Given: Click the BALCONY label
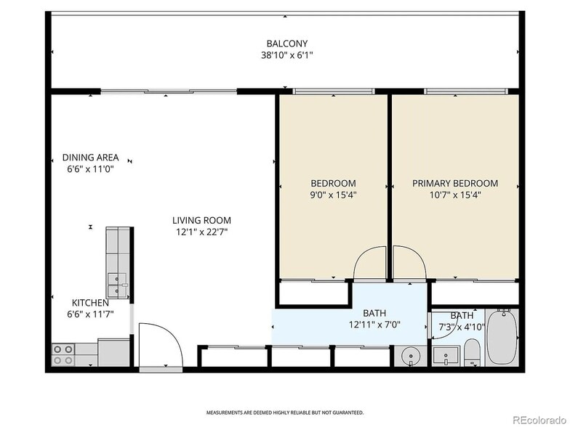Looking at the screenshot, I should point(286,43).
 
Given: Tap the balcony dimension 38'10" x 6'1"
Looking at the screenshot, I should point(286,54).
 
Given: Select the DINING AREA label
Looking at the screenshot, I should point(90,158).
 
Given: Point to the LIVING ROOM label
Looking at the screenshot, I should point(201,221).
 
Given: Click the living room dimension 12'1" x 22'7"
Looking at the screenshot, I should point(201,232).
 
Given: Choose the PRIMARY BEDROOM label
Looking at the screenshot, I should point(455,184).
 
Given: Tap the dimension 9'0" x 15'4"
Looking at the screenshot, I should point(333,195).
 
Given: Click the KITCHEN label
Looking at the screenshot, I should point(90,303).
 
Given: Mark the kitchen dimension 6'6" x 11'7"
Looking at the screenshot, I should point(90,314).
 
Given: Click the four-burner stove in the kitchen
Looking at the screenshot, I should point(63,354).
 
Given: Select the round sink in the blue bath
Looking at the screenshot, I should point(411,356).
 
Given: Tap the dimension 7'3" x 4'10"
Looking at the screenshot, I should point(461,327).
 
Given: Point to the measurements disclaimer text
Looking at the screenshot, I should point(285,412).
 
